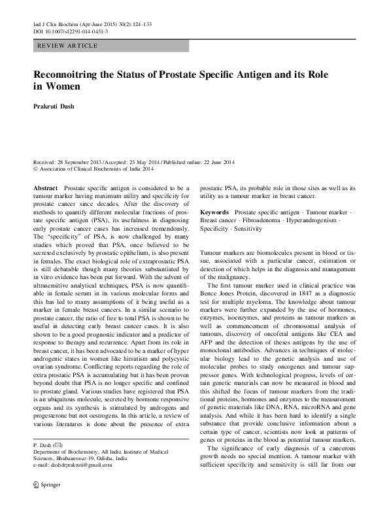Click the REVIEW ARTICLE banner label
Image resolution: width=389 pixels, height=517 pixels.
(x=69, y=46)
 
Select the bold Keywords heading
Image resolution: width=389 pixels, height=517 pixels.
(x=214, y=213)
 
